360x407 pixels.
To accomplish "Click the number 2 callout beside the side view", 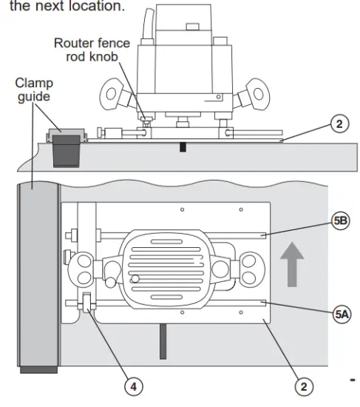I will pyautogui.click(x=338, y=125).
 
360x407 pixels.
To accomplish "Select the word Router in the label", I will pyautogui.click(x=73, y=43).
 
